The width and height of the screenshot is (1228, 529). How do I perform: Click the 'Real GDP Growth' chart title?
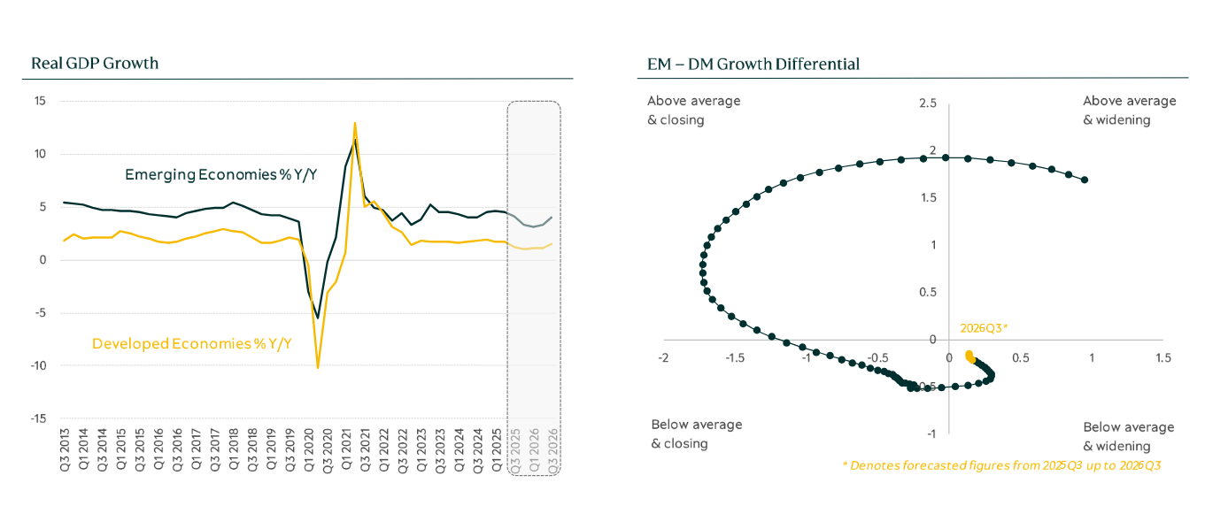point(95,64)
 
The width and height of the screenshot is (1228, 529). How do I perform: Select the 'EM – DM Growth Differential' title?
point(753,64)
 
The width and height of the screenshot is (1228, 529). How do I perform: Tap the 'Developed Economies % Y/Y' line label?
point(192,343)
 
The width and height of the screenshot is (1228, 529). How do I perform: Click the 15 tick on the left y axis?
point(40,101)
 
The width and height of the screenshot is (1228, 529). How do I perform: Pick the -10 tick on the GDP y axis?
point(37,365)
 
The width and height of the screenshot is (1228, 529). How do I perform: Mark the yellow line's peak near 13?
point(355,123)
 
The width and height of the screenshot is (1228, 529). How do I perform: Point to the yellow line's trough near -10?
point(318,367)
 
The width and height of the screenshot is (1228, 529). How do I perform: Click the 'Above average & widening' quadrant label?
point(1129,111)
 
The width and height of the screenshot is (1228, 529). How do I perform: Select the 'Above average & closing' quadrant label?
point(693,111)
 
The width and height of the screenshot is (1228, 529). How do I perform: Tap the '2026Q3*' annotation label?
point(984,327)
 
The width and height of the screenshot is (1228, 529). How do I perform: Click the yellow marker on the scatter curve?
point(969,357)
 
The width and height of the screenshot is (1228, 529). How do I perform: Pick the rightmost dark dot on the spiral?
point(1085,180)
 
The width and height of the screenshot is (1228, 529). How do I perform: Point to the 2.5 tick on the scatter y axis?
point(927,104)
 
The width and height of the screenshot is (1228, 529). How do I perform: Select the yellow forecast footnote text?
point(1000,465)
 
